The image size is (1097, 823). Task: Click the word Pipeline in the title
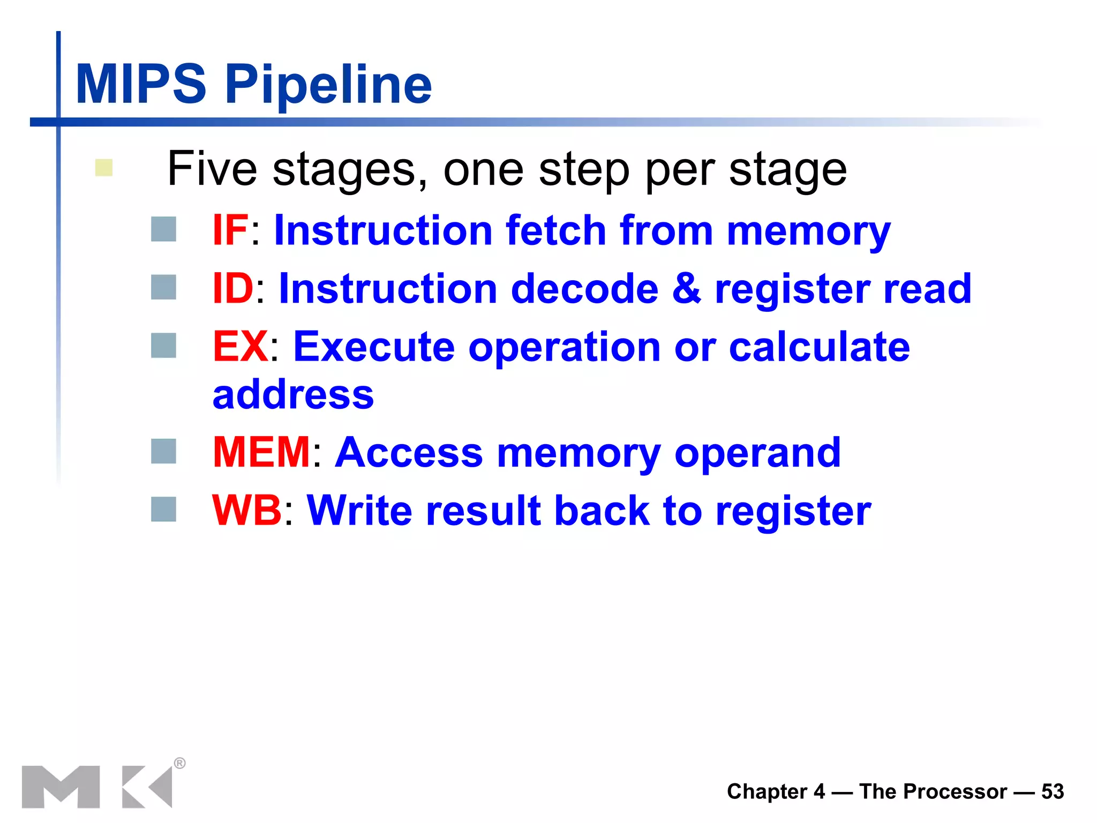pos(328,85)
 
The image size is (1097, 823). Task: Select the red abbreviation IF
pos(230,230)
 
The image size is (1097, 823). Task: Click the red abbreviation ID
pos(233,289)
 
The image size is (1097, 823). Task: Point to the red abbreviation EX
pos(241,347)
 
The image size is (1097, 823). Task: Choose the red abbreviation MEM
pos(261,453)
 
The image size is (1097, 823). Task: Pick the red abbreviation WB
pos(247,511)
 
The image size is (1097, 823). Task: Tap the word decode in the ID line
pos(584,289)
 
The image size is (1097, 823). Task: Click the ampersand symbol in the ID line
pos(686,289)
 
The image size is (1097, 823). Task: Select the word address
pos(293,395)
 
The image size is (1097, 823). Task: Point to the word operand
pos(757,453)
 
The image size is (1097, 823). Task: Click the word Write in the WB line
pos(360,511)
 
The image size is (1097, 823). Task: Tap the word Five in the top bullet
pos(212,169)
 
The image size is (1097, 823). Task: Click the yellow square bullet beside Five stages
pos(104,168)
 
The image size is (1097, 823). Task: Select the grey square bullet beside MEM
pos(163,451)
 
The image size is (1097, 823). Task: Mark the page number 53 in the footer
pos(1052,791)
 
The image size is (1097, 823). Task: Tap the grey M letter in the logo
pos(61,786)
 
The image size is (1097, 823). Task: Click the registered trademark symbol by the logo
pos(180,763)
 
